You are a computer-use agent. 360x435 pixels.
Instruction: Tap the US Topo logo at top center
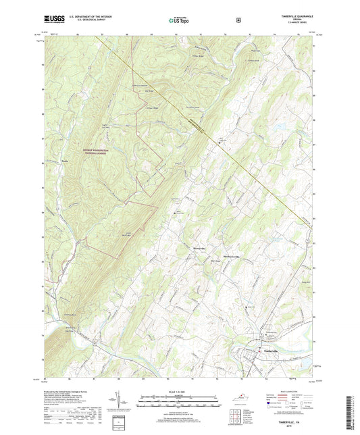click(179, 21)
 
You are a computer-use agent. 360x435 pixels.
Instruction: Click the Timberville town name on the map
click(270, 352)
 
